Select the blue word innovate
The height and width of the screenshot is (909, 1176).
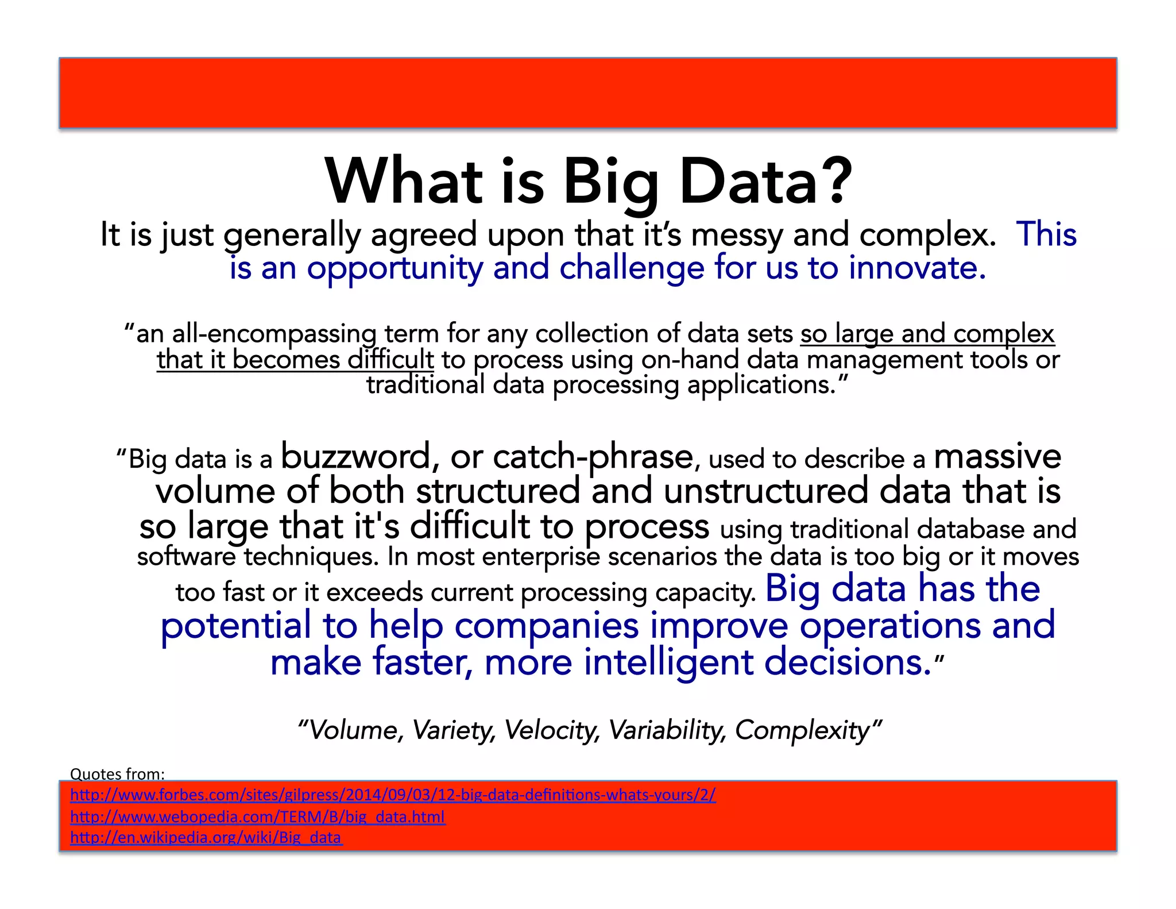pos(916,268)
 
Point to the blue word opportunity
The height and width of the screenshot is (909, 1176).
pos(395,269)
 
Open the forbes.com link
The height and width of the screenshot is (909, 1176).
pos(393,795)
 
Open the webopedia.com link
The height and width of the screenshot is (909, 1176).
pos(257,816)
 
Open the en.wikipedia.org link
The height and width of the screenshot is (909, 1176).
pos(206,838)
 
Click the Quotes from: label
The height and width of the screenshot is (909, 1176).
pos(117,774)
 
